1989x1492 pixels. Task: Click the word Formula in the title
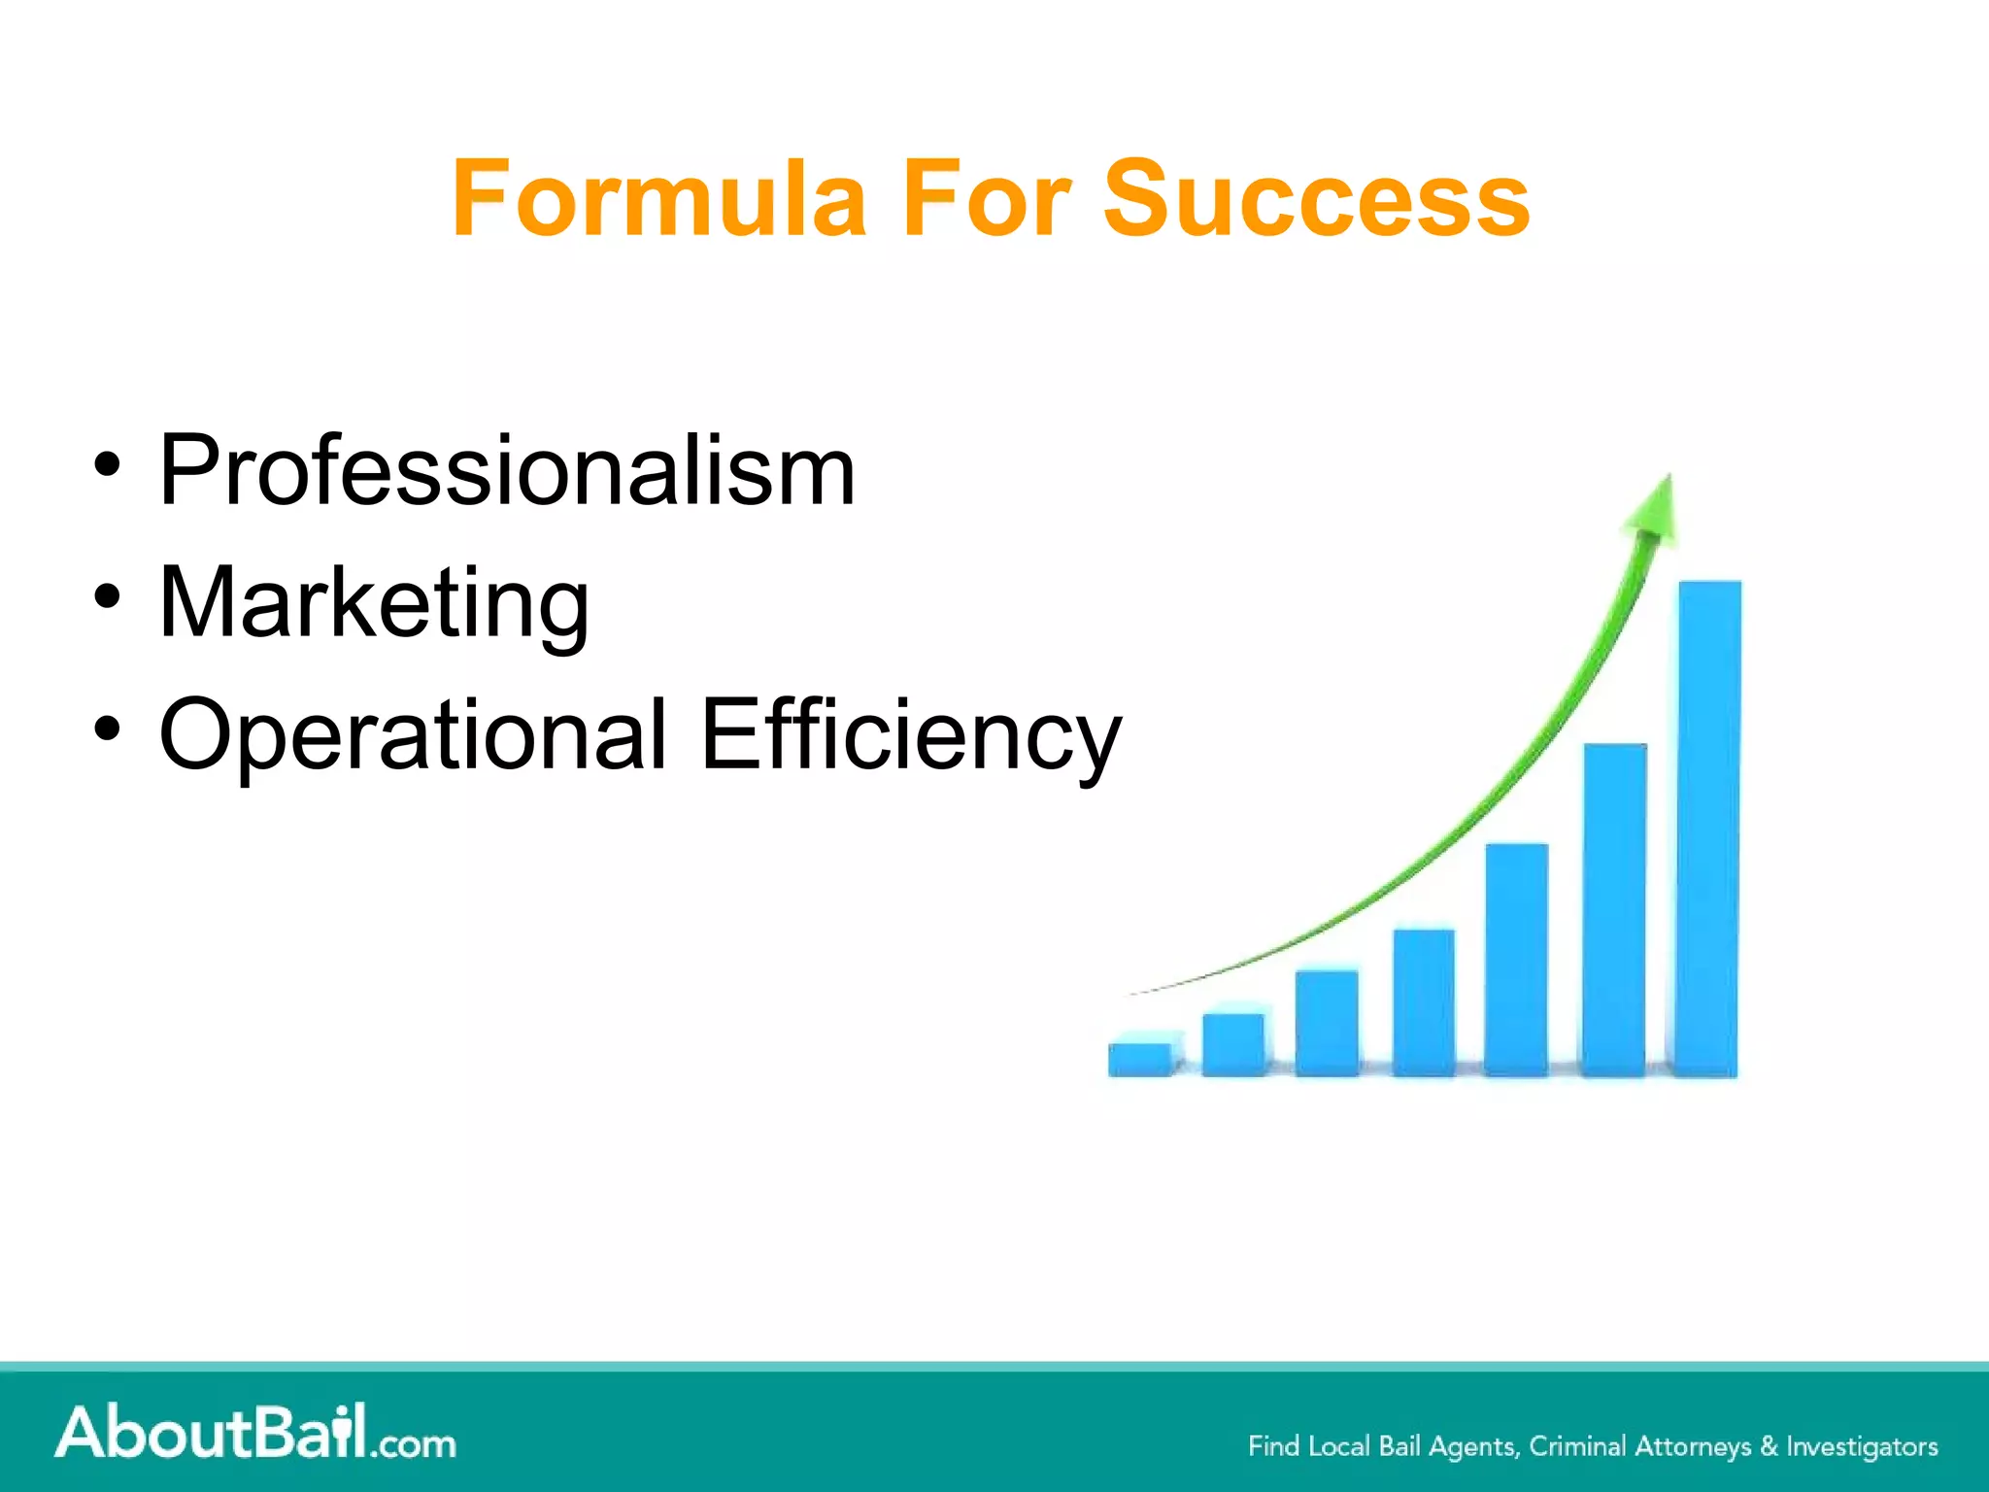tap(658, 199)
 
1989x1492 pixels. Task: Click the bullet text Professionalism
tap(507, 471)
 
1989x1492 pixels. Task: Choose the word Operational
tap(413, 735)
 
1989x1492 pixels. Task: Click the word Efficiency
tap(910, 735)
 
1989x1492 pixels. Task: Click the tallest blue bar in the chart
tap(1709, 826)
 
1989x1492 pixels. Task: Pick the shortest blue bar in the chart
tap(1140, 1058)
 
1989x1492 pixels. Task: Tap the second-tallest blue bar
tap(1614, 908)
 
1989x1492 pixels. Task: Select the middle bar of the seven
tap(1424, 1000)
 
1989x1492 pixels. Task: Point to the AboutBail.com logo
tap(254, 1433)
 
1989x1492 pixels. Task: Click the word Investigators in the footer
tap(1862, 1446)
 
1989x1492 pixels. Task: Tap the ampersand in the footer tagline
tap(1769, 1446)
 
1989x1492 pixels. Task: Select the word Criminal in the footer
tap(1577, 1446)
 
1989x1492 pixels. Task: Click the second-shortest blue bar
tap(1233, 1044)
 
